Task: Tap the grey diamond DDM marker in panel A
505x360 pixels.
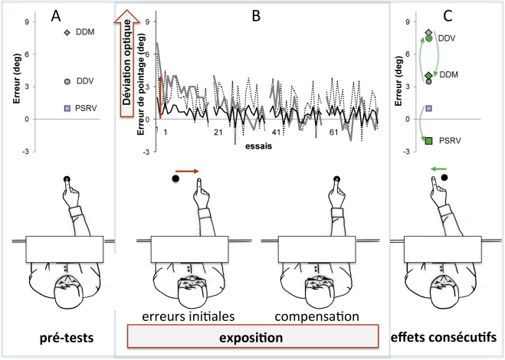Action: click(x=67, y=32)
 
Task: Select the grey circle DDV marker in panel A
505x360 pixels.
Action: click(x=67, y=81)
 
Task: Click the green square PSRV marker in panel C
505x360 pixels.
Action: click(x=429, y=139)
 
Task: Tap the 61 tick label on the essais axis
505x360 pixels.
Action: click(x=335, y=133)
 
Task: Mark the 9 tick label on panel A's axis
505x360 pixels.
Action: click(x=28, y=22)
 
